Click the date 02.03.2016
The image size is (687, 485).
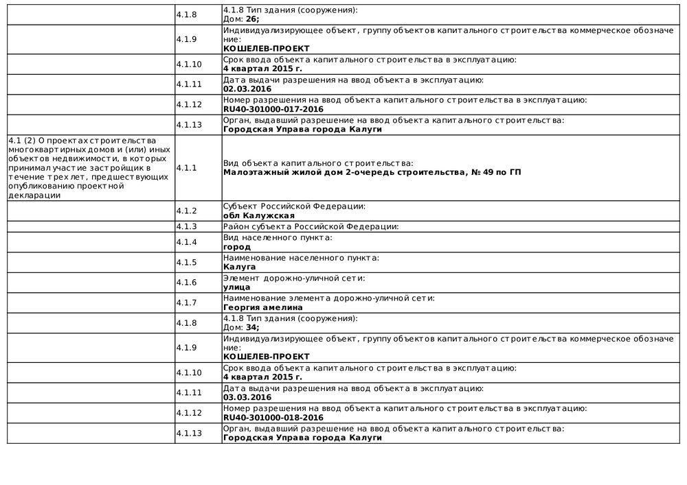pos(247,89)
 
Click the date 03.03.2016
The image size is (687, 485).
pos(247,397)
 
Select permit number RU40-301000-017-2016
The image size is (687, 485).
pos(273,109)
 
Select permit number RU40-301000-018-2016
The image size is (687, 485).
pos(273,417)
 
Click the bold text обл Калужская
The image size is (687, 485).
pos(254,215)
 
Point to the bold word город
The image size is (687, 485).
pos(237,247)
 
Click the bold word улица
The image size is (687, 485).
pos(237,287)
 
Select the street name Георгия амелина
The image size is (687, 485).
pos(263,307)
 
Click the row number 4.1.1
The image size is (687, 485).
pos(186,167)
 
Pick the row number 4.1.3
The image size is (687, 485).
pos(186,226)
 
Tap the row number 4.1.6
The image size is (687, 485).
pos(186,283)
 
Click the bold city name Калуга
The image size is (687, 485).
pos(240,267)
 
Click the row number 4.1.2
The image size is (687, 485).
pos(186,211)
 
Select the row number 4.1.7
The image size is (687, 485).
pos(186,303)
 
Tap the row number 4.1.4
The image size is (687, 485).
pos(186,242)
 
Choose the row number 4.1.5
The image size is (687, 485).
pos(186,263)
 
